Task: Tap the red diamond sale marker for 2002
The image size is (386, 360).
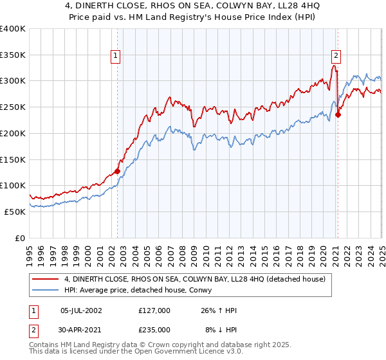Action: (x=117, y=171)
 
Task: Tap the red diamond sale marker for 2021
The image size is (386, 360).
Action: (x=338, y=115)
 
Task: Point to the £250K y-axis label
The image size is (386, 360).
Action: (x=13, y=107)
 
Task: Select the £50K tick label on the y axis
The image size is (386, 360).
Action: (x=15, y=212)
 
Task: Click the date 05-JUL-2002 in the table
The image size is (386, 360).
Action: (x=81, y=310)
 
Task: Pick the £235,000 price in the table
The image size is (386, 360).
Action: (x=154, y=329)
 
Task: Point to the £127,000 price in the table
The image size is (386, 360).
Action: (x=154, y=310)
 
